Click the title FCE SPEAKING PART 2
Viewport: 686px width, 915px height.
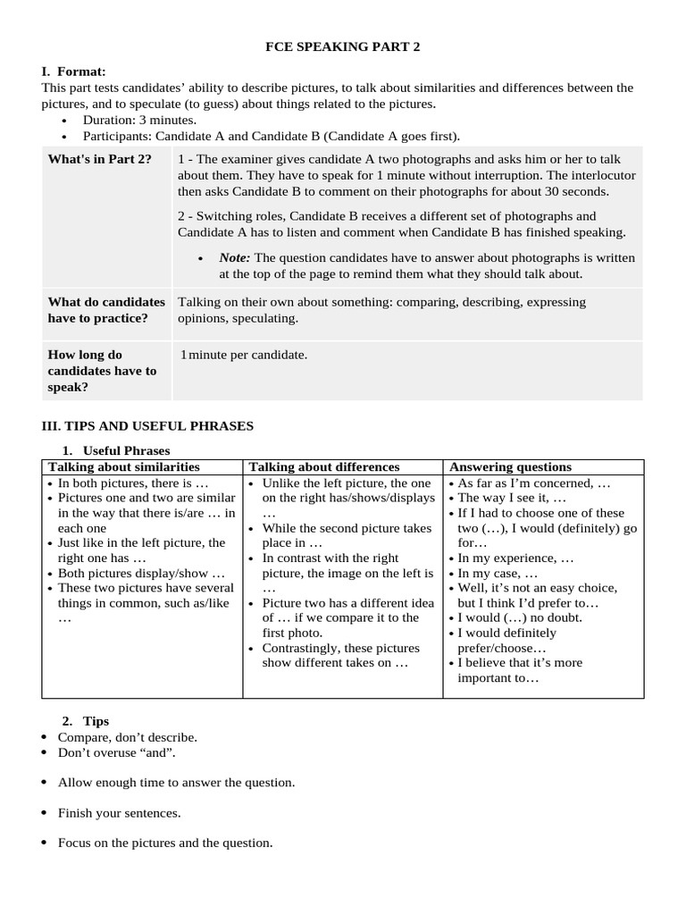click(342, 47)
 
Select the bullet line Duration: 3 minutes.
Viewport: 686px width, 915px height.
click(139, 120)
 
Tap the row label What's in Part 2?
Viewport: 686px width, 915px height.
click(99, 159)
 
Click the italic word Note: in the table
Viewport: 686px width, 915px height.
click(234, 257)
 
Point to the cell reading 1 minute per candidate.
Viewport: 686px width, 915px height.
click(244, 355)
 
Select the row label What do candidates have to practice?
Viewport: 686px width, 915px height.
click(106, 310)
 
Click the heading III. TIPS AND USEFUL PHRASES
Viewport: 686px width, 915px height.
click(147, 426)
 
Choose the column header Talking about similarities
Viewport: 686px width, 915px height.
click(124, 467)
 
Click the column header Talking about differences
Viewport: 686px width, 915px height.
click(324, 467)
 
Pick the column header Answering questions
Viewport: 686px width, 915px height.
click(510, 467)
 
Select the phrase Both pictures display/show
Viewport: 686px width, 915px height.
click(141, 573)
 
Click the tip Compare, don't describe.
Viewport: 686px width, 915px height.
click(127, 737)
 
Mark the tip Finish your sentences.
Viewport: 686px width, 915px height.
click(119, 812)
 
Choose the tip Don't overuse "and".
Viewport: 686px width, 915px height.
click(116, 752)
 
